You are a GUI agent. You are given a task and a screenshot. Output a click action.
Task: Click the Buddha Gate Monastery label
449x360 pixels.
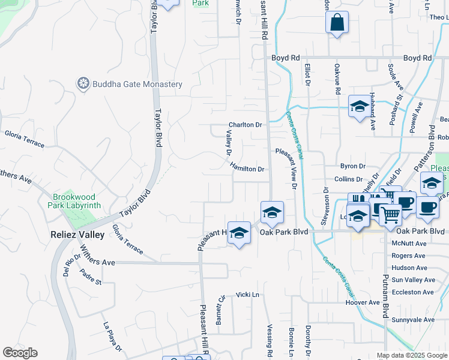pos(137,84)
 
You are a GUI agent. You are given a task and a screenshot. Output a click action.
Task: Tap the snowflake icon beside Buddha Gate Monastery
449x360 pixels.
pos(83,83)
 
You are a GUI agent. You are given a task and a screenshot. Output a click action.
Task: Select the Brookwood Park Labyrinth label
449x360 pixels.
pos(76,201)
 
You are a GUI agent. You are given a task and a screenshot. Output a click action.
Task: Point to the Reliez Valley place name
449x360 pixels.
pos(78,234)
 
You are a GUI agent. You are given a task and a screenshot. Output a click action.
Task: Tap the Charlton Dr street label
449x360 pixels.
pos(245,125)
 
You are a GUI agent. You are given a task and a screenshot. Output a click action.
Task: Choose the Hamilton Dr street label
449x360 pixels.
pos(246,169)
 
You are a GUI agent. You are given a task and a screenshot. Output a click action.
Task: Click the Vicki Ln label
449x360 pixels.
pos(247,295)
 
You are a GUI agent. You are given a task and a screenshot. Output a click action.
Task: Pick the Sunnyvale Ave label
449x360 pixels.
pos(413,320)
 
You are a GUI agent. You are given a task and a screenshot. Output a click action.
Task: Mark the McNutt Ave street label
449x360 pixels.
pos(409,244)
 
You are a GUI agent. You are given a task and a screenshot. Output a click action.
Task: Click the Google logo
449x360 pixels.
pos(20,353)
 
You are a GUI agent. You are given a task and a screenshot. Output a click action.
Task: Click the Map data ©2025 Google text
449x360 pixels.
pos(412,355)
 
